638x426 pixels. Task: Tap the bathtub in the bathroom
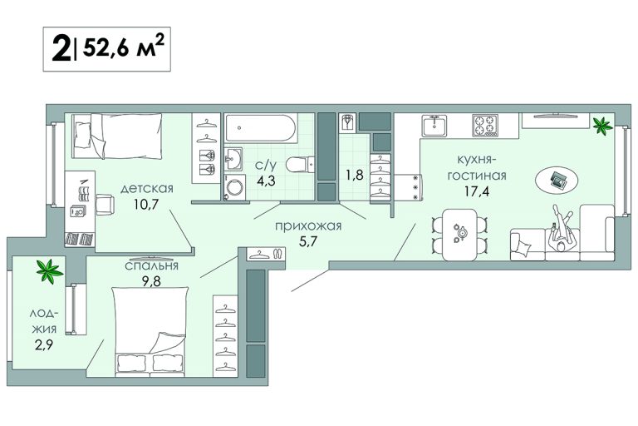point(260,128)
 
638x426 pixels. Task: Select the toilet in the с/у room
point(300,165)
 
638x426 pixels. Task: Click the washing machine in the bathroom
point(234,187)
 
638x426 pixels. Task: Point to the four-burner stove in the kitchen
point(485,125)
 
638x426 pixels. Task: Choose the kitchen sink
point(434,126)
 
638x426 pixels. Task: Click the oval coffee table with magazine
point(557,179)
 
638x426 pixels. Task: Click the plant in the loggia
point(50,271)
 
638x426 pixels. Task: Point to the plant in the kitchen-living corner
point(602,125)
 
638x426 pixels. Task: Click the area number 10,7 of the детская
point(146,204)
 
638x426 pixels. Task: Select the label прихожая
point(308,225)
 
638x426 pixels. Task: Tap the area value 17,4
point(477,191)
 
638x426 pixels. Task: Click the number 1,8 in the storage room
point(355,175)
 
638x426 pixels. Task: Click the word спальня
point(151,265)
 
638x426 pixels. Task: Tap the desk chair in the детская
point(106,204)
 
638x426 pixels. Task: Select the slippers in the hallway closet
point(277,254)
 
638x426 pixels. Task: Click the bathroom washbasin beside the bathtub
point(233,160)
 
